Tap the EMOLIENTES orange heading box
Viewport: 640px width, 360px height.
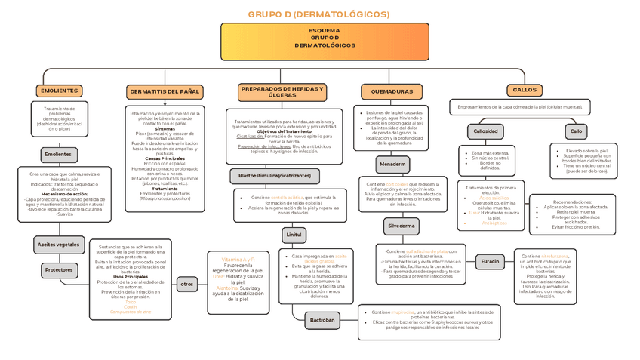(x=58, y=91)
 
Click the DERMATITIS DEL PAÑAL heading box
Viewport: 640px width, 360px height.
(x=165, y=91)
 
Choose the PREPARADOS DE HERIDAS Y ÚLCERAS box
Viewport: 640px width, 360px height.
(x=282, y=91)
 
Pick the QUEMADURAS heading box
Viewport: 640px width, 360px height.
(x=387, y=91)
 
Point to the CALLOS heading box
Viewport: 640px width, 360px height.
(x=525, y=90)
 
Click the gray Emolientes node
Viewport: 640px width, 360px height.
(x=58, y=154)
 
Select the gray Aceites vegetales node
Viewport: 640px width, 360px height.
(x=58, y=245)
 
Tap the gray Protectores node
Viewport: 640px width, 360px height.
(x=58, y=269)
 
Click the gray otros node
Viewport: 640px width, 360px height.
(x=187, y=285)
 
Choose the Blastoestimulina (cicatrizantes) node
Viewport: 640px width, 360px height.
(x=275, y=176)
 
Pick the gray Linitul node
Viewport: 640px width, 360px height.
(x=294, y=235)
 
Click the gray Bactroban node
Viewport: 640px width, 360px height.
(x=322, y=320)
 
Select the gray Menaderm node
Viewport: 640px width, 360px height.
(x=393, y=164)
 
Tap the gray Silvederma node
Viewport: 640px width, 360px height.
(x=400, y=226)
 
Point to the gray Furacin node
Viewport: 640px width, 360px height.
(x=491, y=262)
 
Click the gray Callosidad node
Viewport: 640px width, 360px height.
(x=485, y=131)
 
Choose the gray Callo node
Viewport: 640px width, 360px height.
(x=577, y=131)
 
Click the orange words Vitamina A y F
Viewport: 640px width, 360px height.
(x=238, y=259)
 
